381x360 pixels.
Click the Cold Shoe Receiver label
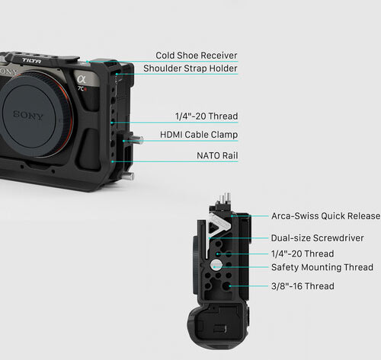tap(197, 56)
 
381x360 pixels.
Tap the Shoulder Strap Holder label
tap(190, 68)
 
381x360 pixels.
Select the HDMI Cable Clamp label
tap(199, 135)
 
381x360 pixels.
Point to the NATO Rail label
tap(217, 155)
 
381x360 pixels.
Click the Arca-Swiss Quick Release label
tap(326, 216)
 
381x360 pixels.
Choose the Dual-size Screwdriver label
tap(317, 238)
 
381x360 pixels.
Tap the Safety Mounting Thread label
tap(322, 267)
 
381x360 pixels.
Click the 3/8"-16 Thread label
tap(303, 286)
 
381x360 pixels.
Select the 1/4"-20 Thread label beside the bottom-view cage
tap(303, 253)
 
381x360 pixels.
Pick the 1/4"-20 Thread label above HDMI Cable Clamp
tap(207, 116)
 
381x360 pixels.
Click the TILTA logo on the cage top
tap(32, 61)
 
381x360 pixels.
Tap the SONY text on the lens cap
tap(28, 116)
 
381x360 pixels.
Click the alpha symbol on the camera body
tap(82, 79)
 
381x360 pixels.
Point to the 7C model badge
tap(82, 89)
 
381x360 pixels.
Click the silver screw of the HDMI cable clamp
tap(138, 139)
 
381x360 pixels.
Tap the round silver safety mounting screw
tap(216, 266)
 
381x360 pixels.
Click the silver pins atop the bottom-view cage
tap(225, 199)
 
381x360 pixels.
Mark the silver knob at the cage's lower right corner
tap(130, 176)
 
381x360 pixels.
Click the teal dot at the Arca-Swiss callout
tap(232, 216)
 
